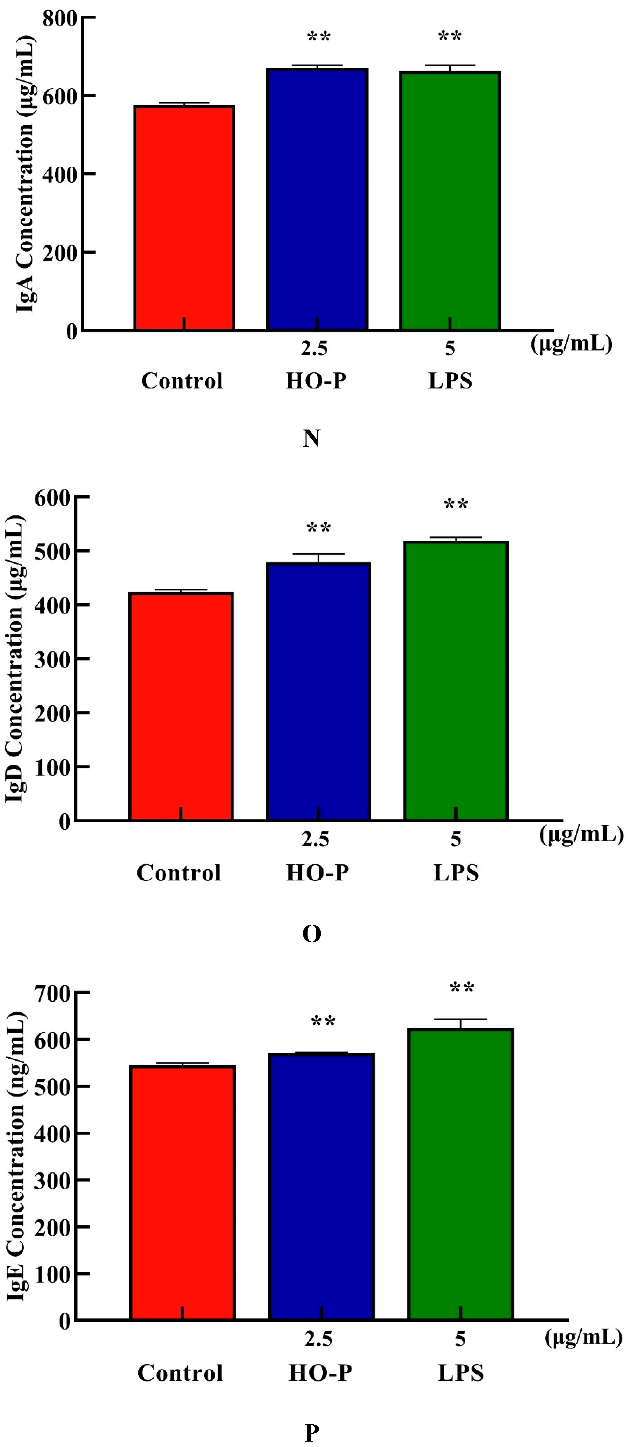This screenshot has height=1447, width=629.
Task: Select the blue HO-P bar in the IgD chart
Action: tap(318, 691)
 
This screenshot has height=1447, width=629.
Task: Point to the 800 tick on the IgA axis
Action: tap(60, 19)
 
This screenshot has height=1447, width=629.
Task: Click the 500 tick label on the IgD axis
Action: tap(52, 551)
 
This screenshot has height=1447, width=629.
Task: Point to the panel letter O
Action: tap(311, 934)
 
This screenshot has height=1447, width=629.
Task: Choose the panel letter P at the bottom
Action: tap(311, 1432)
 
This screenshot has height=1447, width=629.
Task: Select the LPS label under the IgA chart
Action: tap(450, 381)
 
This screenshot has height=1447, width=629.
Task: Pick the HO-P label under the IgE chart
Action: tap(320, 1373)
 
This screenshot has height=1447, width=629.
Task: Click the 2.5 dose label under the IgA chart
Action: tap(314, 348)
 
